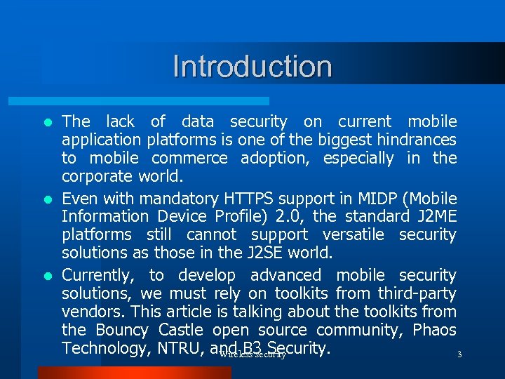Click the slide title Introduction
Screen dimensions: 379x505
(252, 67)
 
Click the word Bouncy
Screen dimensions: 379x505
(122, 330)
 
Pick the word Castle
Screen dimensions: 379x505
(180, 330)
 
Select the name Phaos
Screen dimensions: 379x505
(433, 330)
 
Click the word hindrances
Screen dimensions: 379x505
(412, 140)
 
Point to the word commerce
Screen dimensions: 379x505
(189, 158)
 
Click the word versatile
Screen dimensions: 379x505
(352, 234)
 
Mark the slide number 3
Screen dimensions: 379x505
(459, 354)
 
